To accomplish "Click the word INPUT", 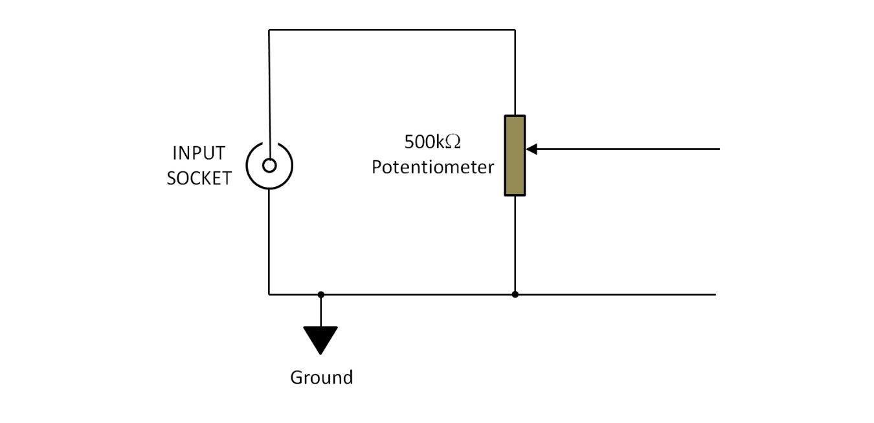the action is point(199,153).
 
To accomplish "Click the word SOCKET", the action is point(199,178).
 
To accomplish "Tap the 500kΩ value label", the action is point(432,142).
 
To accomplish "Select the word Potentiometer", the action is point(432,168).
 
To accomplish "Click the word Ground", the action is point(322,378).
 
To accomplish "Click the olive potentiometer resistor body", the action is point(515,156).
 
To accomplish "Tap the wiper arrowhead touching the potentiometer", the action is point(531,149).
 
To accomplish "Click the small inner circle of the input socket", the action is point(269,166).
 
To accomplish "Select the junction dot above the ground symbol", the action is point(320,295).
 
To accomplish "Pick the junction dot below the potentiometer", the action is point(515,294).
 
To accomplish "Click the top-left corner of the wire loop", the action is point(269,30).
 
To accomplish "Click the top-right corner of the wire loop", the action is point(515,30).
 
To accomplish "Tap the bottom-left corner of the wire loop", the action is point(269,294).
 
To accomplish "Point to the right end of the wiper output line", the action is point(719,149).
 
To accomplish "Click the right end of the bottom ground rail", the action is point(715,294).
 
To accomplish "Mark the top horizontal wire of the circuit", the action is point(392,30).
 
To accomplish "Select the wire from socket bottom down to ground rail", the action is point(269,242).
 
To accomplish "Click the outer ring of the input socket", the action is point(247,166).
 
